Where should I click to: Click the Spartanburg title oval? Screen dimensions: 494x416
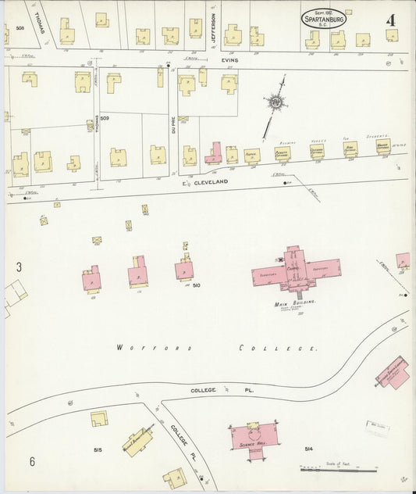[x=324, y=19]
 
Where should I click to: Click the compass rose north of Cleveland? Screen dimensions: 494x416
[x=275, y=102]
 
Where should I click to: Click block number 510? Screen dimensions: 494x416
[x=196, y=285]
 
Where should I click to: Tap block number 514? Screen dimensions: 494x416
[x=309, y=449]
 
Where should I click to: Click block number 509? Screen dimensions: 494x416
[x=104, y=118]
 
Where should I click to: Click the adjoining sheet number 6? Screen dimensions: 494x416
[x=32, y=461]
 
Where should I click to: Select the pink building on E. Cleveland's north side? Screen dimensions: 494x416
[x=213, y=153]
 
